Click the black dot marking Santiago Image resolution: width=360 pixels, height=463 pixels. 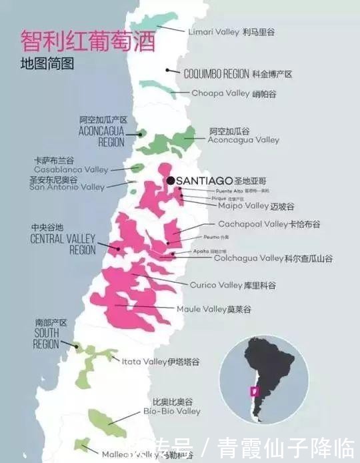171,181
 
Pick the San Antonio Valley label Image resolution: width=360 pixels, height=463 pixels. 67,187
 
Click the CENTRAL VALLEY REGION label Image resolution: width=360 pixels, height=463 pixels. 63,239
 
